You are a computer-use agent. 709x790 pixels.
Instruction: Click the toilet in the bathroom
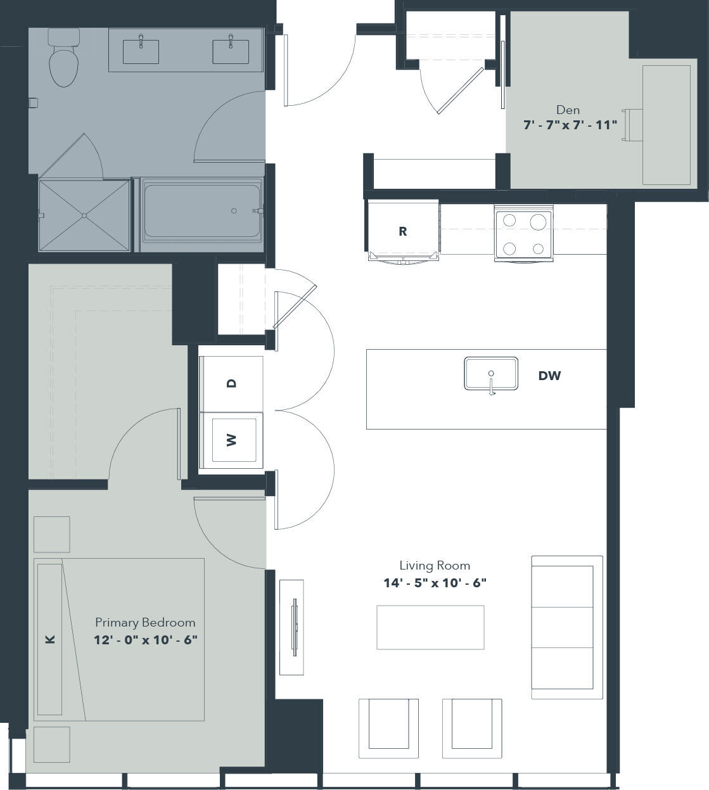(x=63, y=60)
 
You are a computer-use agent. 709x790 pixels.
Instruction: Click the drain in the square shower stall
(x=84, y=215)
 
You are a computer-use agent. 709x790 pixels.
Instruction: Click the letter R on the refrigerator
(x=402, y=231)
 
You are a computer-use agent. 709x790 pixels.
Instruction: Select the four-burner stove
(x=523, y=235)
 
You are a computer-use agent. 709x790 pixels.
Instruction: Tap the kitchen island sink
(x=491, y=374)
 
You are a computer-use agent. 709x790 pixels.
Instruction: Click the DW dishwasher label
(x=549, y=376)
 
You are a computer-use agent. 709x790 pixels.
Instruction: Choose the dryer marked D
(x=231, y=384)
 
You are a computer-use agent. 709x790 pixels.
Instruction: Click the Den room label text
(x=568, y=110)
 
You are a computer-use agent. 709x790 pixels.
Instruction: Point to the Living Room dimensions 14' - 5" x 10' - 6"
(x=435, y=583)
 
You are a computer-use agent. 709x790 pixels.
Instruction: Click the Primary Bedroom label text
(x=145, y=622)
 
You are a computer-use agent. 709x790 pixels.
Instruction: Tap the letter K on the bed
(x=51, y=640)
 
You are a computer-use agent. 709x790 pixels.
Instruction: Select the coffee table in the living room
(x=430, y=627)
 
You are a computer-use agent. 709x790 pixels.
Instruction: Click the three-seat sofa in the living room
(x=566, y=627)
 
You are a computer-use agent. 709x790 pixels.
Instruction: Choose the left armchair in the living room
(x=388, y=729)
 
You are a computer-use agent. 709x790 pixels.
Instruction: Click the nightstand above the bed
(x=51, y=534)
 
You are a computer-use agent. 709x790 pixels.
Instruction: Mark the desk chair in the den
(x=632, y=125)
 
